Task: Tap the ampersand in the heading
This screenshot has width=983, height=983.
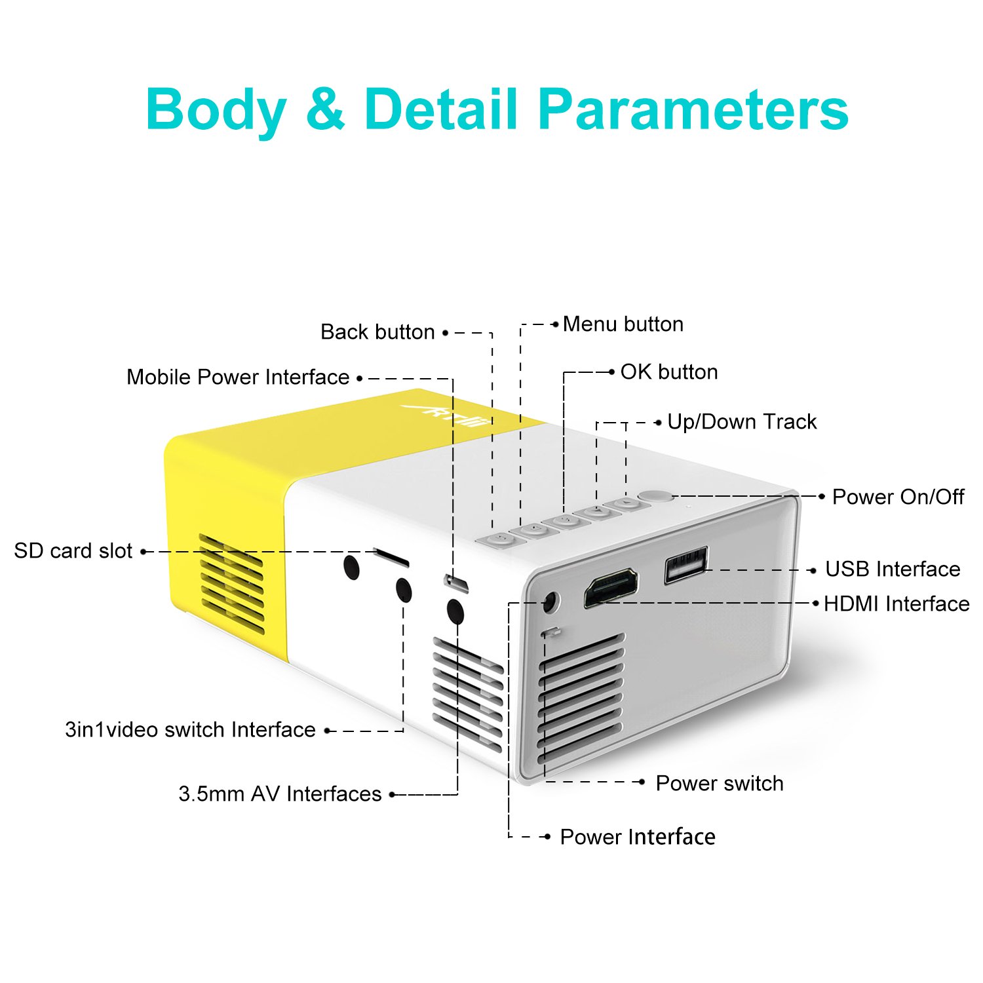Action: point(325,109)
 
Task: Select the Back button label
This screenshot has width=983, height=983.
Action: point(377,332)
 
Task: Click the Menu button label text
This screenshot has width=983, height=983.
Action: point(623,324)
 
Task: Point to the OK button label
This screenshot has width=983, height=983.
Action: point(668,372)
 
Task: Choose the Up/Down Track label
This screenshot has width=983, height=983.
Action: point(742,422)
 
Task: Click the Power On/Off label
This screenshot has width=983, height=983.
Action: point(898,497)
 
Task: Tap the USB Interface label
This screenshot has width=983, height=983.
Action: point(893,569)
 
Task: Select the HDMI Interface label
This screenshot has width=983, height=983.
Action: point(896,604)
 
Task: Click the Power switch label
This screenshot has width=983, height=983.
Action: point(720,783)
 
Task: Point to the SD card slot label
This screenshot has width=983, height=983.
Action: point(73,551)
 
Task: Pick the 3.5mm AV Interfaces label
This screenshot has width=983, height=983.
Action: point(280,794)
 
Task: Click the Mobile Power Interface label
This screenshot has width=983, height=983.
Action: point(238,377)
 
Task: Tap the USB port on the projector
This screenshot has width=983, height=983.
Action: point(686,564)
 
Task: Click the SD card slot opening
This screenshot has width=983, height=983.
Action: point(391,558)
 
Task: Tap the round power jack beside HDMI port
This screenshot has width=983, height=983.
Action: point(550,602)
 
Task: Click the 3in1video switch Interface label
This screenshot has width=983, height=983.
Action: point(190,730)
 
